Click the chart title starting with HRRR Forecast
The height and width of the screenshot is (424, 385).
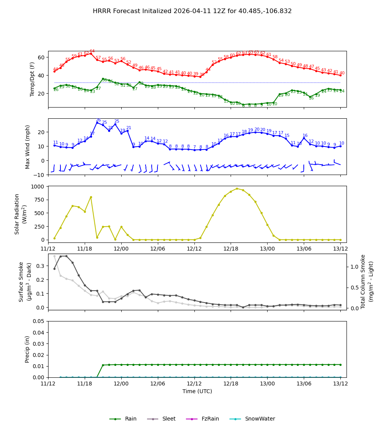(x=192, y=11)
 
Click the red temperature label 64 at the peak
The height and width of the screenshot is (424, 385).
(x=92, y=51)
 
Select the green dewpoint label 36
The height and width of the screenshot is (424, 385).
(x=104, y=80)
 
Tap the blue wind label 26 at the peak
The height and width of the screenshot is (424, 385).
(x=98, y=120)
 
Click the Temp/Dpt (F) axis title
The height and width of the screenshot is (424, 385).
(x=32, y=79)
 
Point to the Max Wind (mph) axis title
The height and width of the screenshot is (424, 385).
(x=28, y=146)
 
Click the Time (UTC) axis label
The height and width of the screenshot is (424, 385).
(x=197, y=391)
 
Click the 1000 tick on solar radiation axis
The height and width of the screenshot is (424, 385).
(x=38, y=186)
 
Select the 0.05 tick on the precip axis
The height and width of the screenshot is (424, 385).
(x=38, y=321)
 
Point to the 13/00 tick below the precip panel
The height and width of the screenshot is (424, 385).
(x=267, y=384)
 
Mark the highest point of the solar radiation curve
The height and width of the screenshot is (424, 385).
(x=237, y=188)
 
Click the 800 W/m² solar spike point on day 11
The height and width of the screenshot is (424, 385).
(x=91, y=197)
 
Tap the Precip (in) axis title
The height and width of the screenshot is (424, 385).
(x=27, y=349)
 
